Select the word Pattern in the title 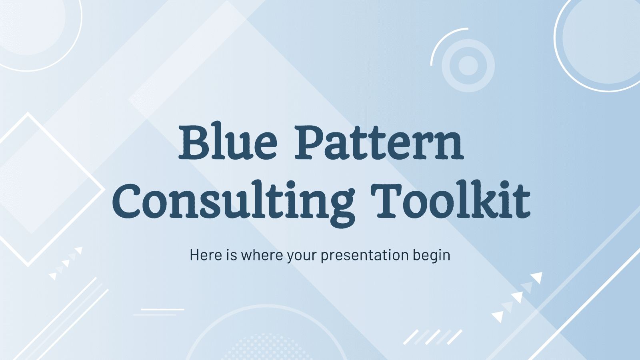379,142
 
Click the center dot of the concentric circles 468,65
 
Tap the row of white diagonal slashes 432,337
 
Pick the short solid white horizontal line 163,309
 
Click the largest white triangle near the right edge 536,278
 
